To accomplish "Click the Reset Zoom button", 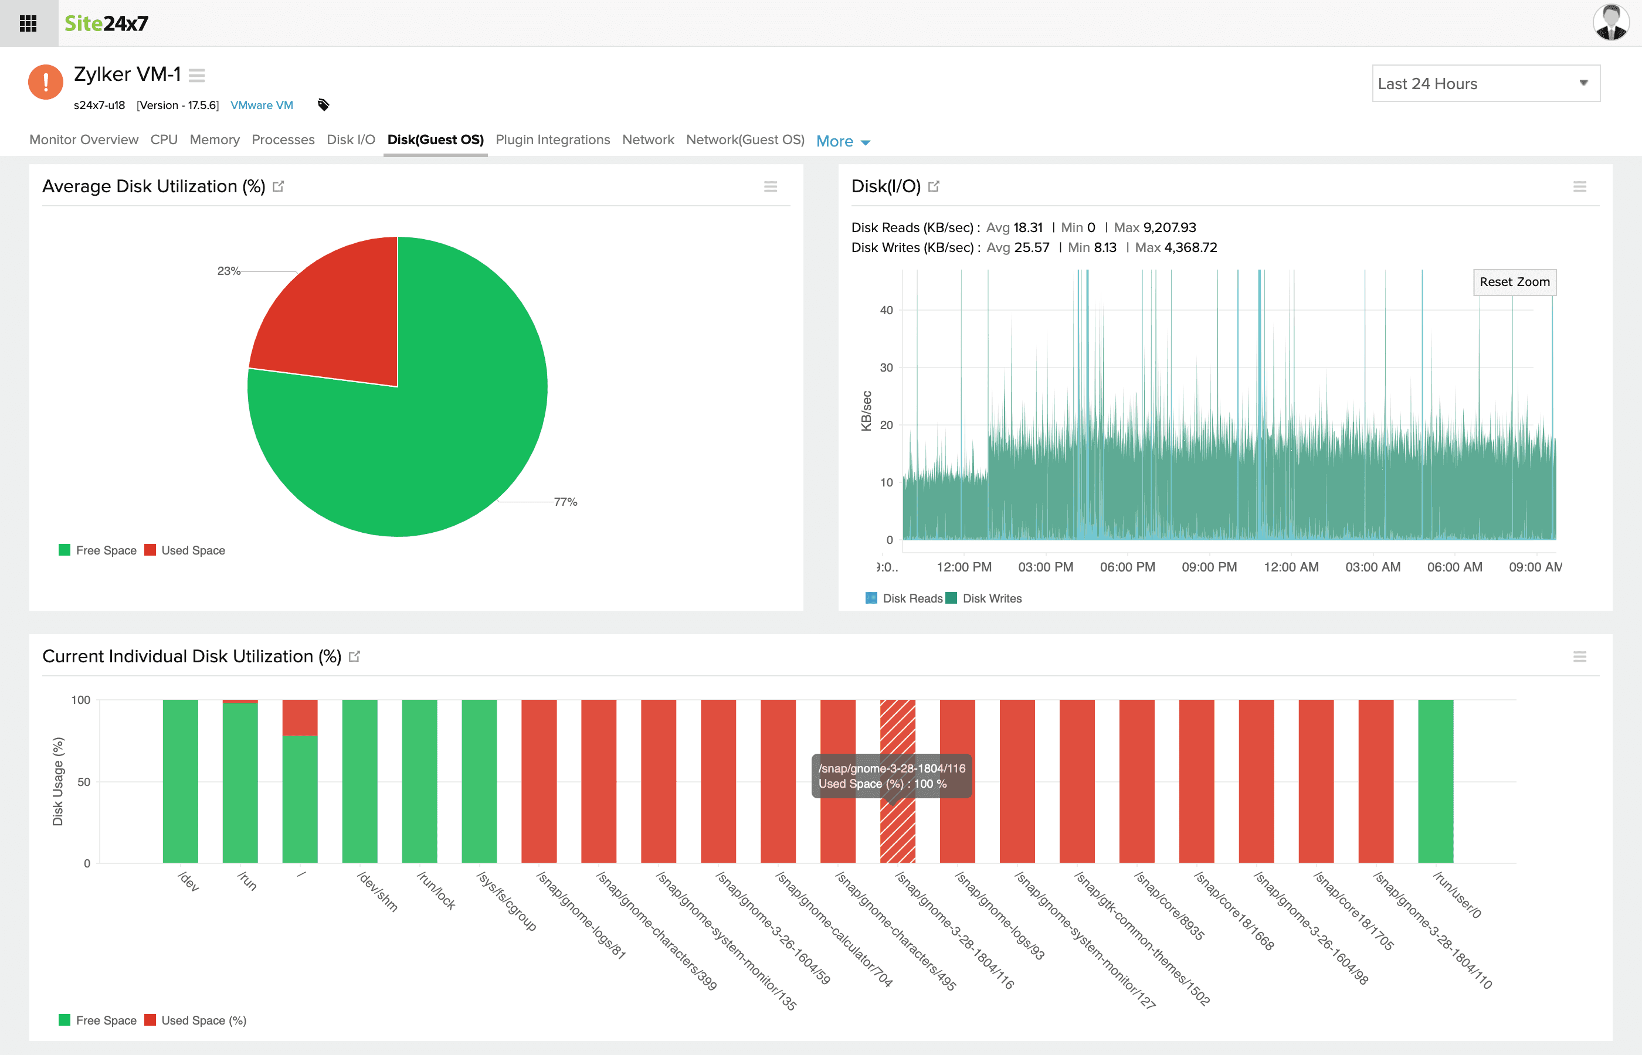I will coord(1514,281).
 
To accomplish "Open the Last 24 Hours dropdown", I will coord(1485,84).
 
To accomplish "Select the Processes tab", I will coord(283,139).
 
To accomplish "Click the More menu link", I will coord(842,141).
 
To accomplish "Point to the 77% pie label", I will coord(565,502).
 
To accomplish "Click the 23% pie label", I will coord(228,271).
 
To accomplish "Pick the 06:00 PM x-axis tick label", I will coord(1127,567).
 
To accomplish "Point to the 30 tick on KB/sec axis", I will coord(886,368).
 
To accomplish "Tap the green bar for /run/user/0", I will coord(1435,781).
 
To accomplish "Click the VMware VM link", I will coord(261,105).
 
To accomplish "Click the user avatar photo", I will coord(1610,23).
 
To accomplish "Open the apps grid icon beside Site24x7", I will coord(28,23).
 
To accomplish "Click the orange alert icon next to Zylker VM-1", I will coord(45,82).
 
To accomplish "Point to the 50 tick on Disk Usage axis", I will coord(84,782).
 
